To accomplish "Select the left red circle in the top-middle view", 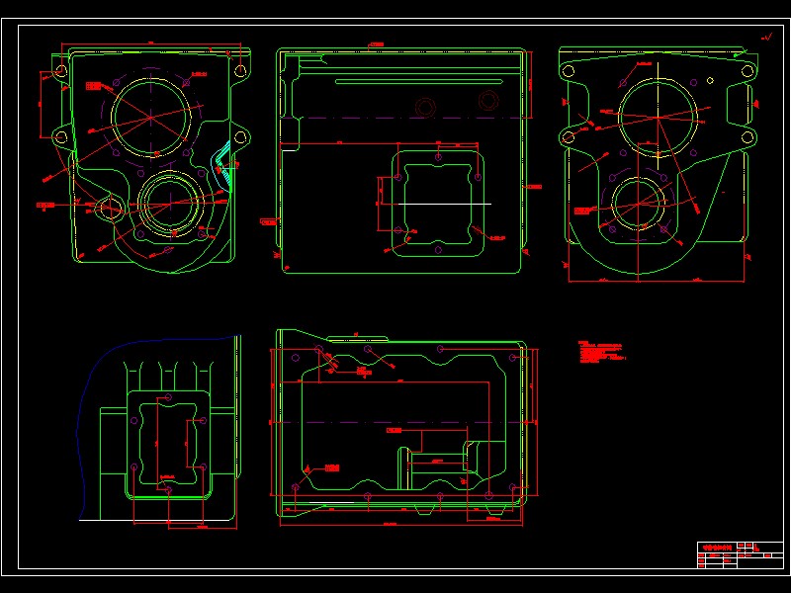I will tap(426, 107).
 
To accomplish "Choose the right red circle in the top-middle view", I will tap(487, 100).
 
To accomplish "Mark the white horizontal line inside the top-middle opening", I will tap(435, 203).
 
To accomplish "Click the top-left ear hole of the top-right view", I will tap(568, 70).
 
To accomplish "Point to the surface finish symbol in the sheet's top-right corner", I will tap(765, 38).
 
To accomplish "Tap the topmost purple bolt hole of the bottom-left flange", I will tap(166, 397).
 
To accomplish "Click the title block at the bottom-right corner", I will tap(739, 554).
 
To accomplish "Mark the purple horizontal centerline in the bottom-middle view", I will tap(395, 422).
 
